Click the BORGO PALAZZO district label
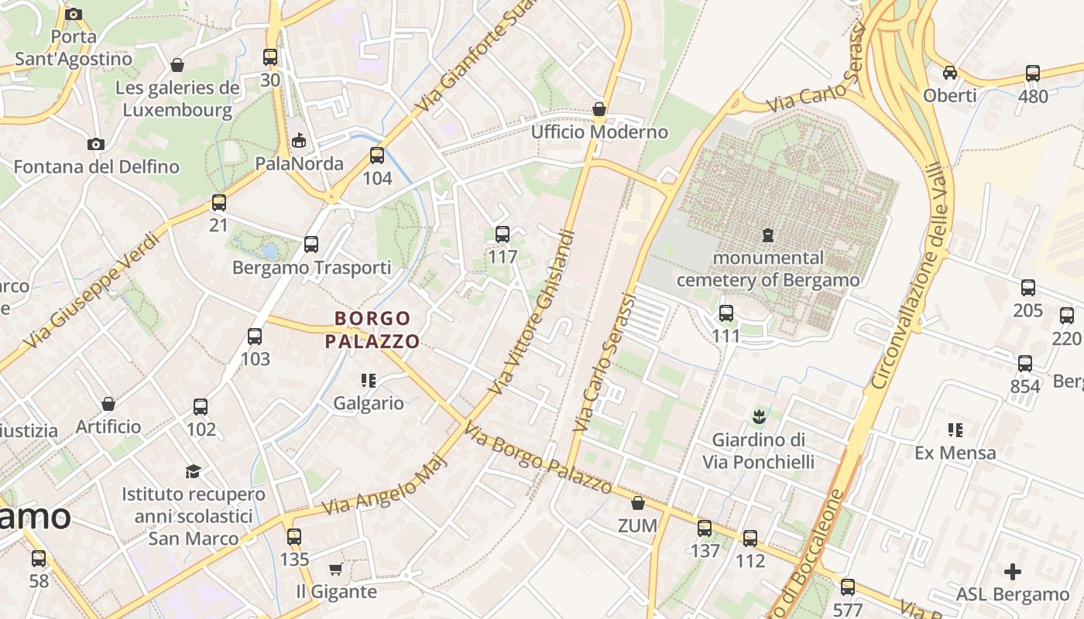point(372,330)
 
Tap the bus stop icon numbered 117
point(503,234)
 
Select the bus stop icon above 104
point(377,156)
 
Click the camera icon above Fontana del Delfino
point(96,144)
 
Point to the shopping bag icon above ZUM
point(638,504)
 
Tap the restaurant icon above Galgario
point(369,380)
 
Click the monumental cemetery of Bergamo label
point(768,268)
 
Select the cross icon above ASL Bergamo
point(1012,572)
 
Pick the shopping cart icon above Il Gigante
point(336,569)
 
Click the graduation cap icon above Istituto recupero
point(193,471)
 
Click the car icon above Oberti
point(950,73)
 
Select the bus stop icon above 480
point(1033,74)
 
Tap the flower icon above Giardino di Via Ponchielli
point(759,417)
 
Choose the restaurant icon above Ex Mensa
point(955,429)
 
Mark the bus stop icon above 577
point(848,587)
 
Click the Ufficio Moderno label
point(599,132)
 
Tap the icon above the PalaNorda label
point(299,140)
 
